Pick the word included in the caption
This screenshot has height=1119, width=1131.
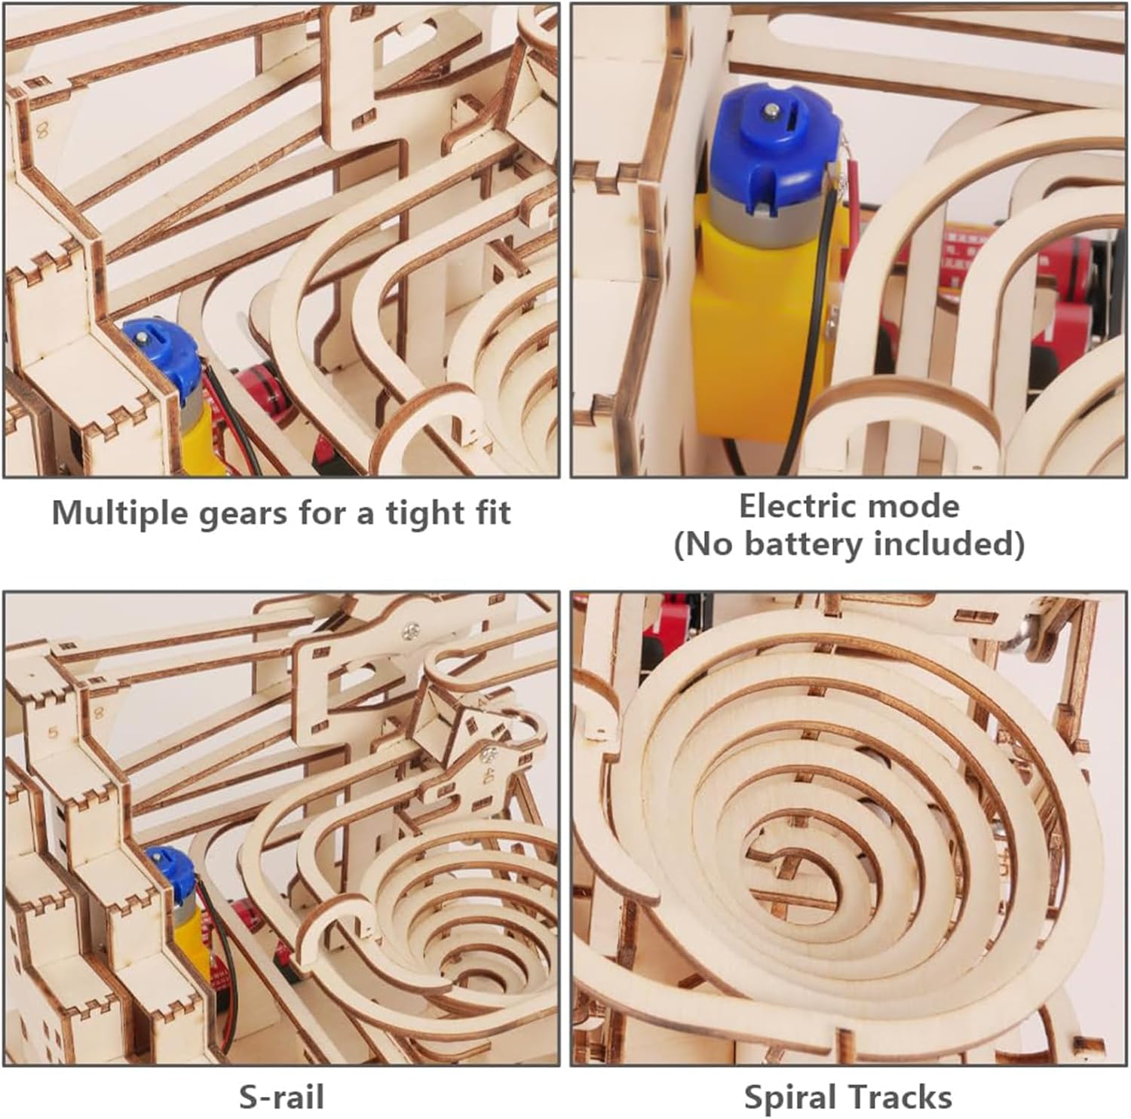tap(959, 543)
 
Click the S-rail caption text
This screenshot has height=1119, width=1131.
tap(281, 1096)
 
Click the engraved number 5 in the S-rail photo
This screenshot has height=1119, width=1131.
tap(52, 731)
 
